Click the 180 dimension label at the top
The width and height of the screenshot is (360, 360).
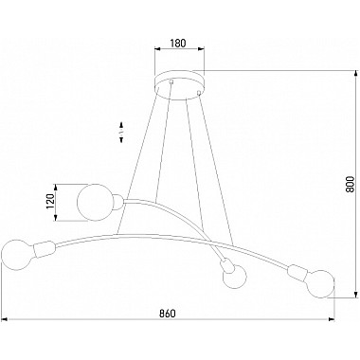pos(178,43)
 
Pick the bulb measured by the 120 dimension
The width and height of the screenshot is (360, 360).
pos(94,201)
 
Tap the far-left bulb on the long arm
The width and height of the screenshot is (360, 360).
pos(16,254)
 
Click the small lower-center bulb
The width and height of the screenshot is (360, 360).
pos(230,278)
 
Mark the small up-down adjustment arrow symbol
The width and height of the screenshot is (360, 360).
pos(121,131)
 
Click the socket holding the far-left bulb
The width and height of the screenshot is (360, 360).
pos(42,253)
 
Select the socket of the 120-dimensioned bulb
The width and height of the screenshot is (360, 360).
pos(117,200)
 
